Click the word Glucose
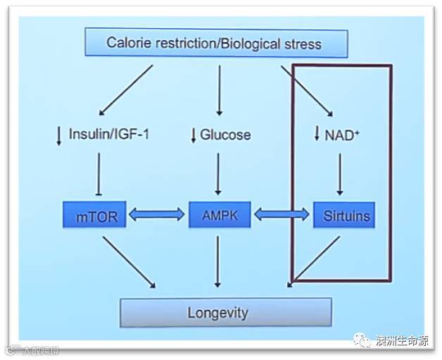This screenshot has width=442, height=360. pos(225,134)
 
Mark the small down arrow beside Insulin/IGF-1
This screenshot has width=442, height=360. pos(59,135)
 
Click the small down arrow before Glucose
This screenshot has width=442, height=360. pos(194,135)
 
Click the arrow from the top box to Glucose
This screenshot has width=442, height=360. pos(219,89)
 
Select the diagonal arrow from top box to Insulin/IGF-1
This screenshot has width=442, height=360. pos(127,89)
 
